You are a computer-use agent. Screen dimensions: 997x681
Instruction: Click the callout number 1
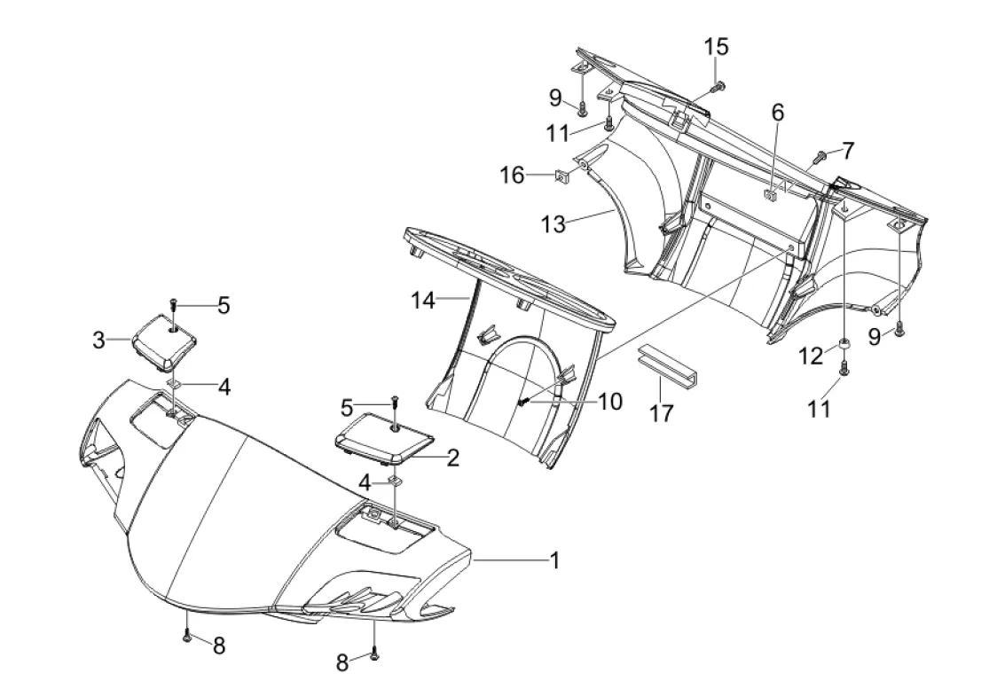coord(555,560)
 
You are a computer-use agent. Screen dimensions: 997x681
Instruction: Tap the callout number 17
coord(662,413)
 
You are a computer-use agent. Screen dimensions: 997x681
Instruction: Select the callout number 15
coord(716,46)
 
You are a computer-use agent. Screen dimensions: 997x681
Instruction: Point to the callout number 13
coord(553,223)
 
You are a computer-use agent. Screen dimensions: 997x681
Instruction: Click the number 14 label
coord(423,300)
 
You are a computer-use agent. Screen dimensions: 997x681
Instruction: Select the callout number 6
coord(778,113)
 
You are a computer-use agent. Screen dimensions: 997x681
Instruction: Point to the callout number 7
coord(848,152)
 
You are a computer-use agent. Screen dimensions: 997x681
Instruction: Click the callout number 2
coord(452,458)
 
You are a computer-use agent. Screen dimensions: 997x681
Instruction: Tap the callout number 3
coord(98,340)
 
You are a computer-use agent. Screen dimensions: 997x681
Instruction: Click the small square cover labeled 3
coord(164,343)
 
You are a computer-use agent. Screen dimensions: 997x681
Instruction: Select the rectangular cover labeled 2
coord(384,436)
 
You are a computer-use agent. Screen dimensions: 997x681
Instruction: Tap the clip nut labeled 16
coord(562,176)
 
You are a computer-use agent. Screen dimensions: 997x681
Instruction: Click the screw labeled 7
coord(820,154)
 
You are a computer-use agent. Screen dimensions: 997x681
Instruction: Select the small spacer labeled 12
coord(844,346)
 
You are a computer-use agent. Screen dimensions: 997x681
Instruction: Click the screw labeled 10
coord(524,402)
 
